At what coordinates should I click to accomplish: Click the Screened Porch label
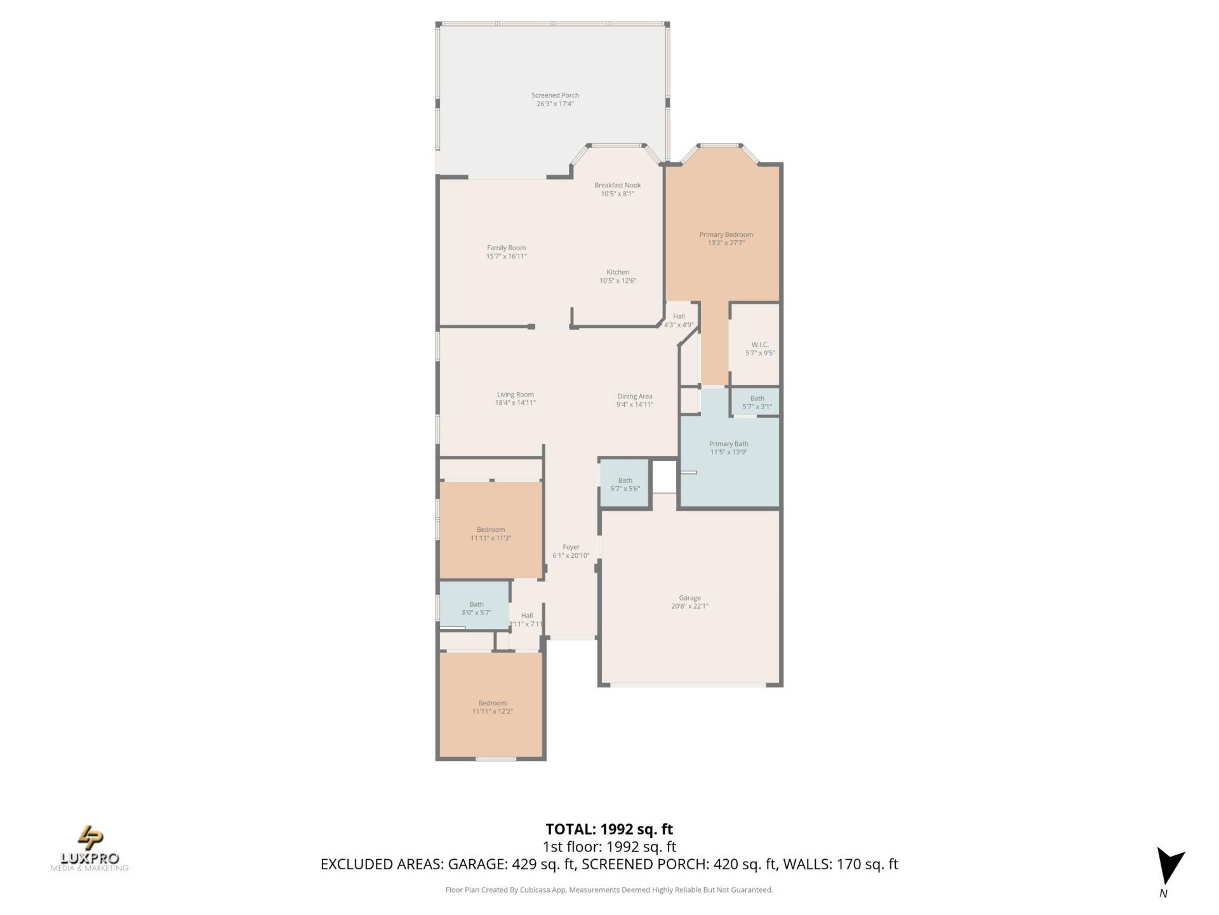[555, 95]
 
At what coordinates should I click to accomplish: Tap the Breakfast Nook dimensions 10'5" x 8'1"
[617, 194]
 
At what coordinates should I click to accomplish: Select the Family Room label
[506, 248]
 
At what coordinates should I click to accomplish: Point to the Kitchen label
[617, 272]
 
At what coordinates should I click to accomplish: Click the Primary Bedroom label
[726, 234]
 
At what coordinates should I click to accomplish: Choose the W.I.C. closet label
[759, 344]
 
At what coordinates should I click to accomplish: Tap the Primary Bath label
[728, 444]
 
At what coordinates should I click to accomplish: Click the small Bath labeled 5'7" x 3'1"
[757, 402]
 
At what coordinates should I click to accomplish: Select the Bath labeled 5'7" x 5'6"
[625, 484]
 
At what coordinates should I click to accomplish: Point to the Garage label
[689, 597]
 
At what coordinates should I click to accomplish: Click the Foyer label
[571, 546]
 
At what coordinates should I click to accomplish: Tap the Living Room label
[515, 394]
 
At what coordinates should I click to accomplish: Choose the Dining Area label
[634, 396]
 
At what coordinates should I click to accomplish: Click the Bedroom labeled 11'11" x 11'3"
[491, 533]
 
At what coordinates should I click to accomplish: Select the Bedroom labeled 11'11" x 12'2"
[492, 707]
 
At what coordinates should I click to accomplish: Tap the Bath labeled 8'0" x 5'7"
[476, 608]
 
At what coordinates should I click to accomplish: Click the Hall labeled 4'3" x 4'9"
[679, 320]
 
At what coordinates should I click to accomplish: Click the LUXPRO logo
[90, 848]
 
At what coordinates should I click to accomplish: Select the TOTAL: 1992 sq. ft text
[609, 829]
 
